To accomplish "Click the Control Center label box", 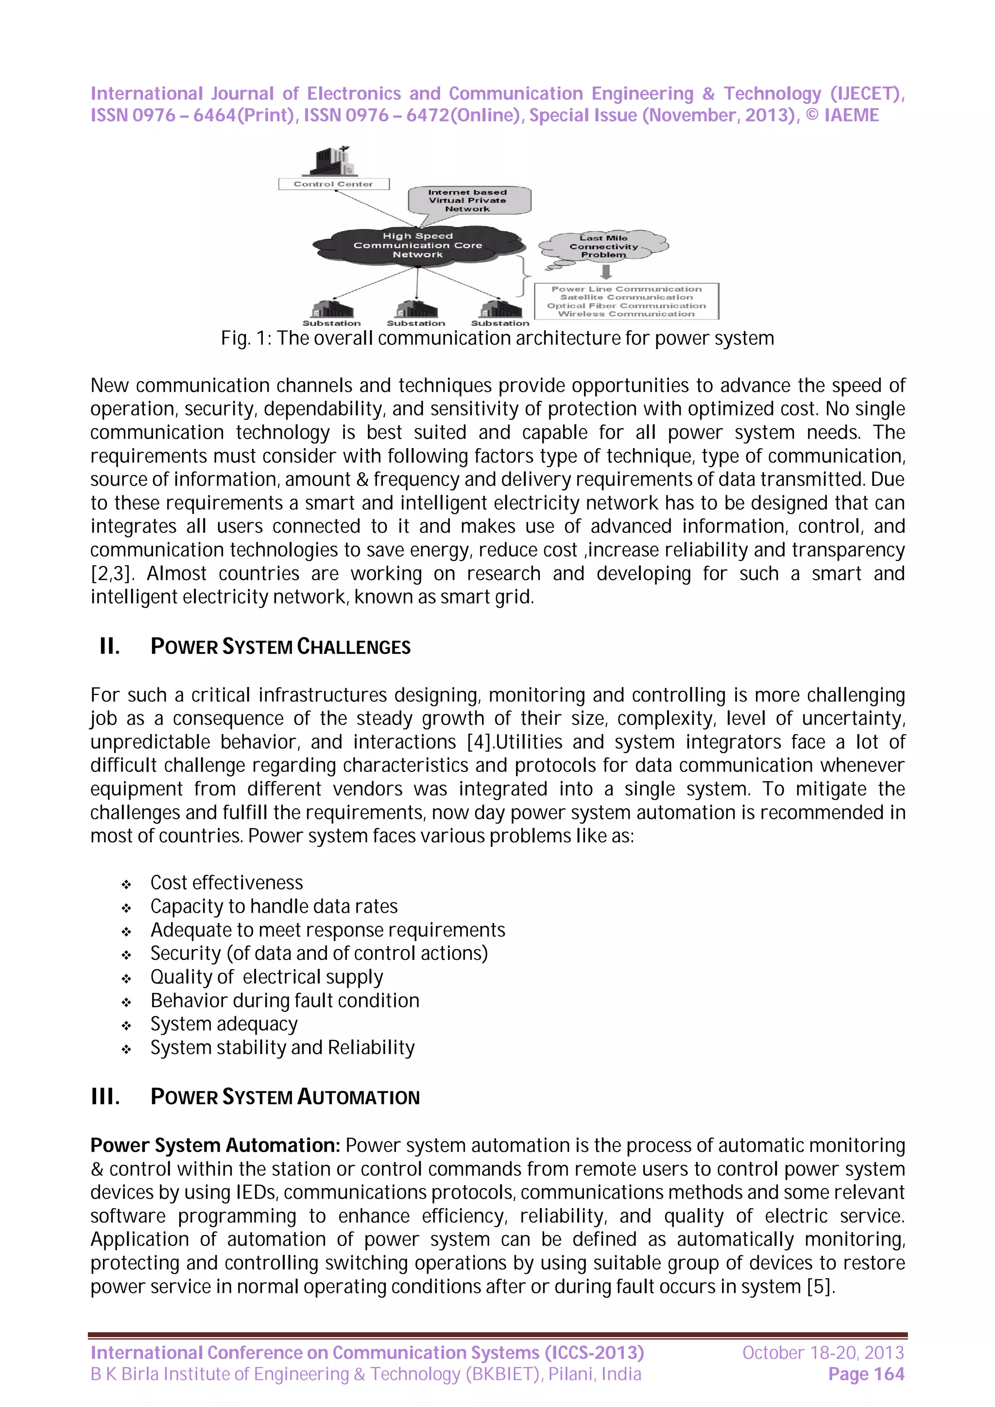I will click(333, 184).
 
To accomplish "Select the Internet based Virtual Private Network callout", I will click(468, 201).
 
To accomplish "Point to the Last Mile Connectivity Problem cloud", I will click(604, 246).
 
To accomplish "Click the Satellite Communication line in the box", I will click(626, 297).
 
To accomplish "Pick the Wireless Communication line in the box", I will click(626, 314).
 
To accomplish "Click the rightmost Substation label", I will click(499, 323).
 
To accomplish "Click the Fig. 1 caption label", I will click(497, 338).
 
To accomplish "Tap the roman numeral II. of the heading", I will click(110, 647).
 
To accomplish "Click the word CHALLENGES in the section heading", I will click(353, 647).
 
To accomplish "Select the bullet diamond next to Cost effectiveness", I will click(126, 884).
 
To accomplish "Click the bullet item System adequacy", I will click(224, 1024).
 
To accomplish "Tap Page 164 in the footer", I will click(866, 1374).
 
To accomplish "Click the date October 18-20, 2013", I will click(823, 1353).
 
